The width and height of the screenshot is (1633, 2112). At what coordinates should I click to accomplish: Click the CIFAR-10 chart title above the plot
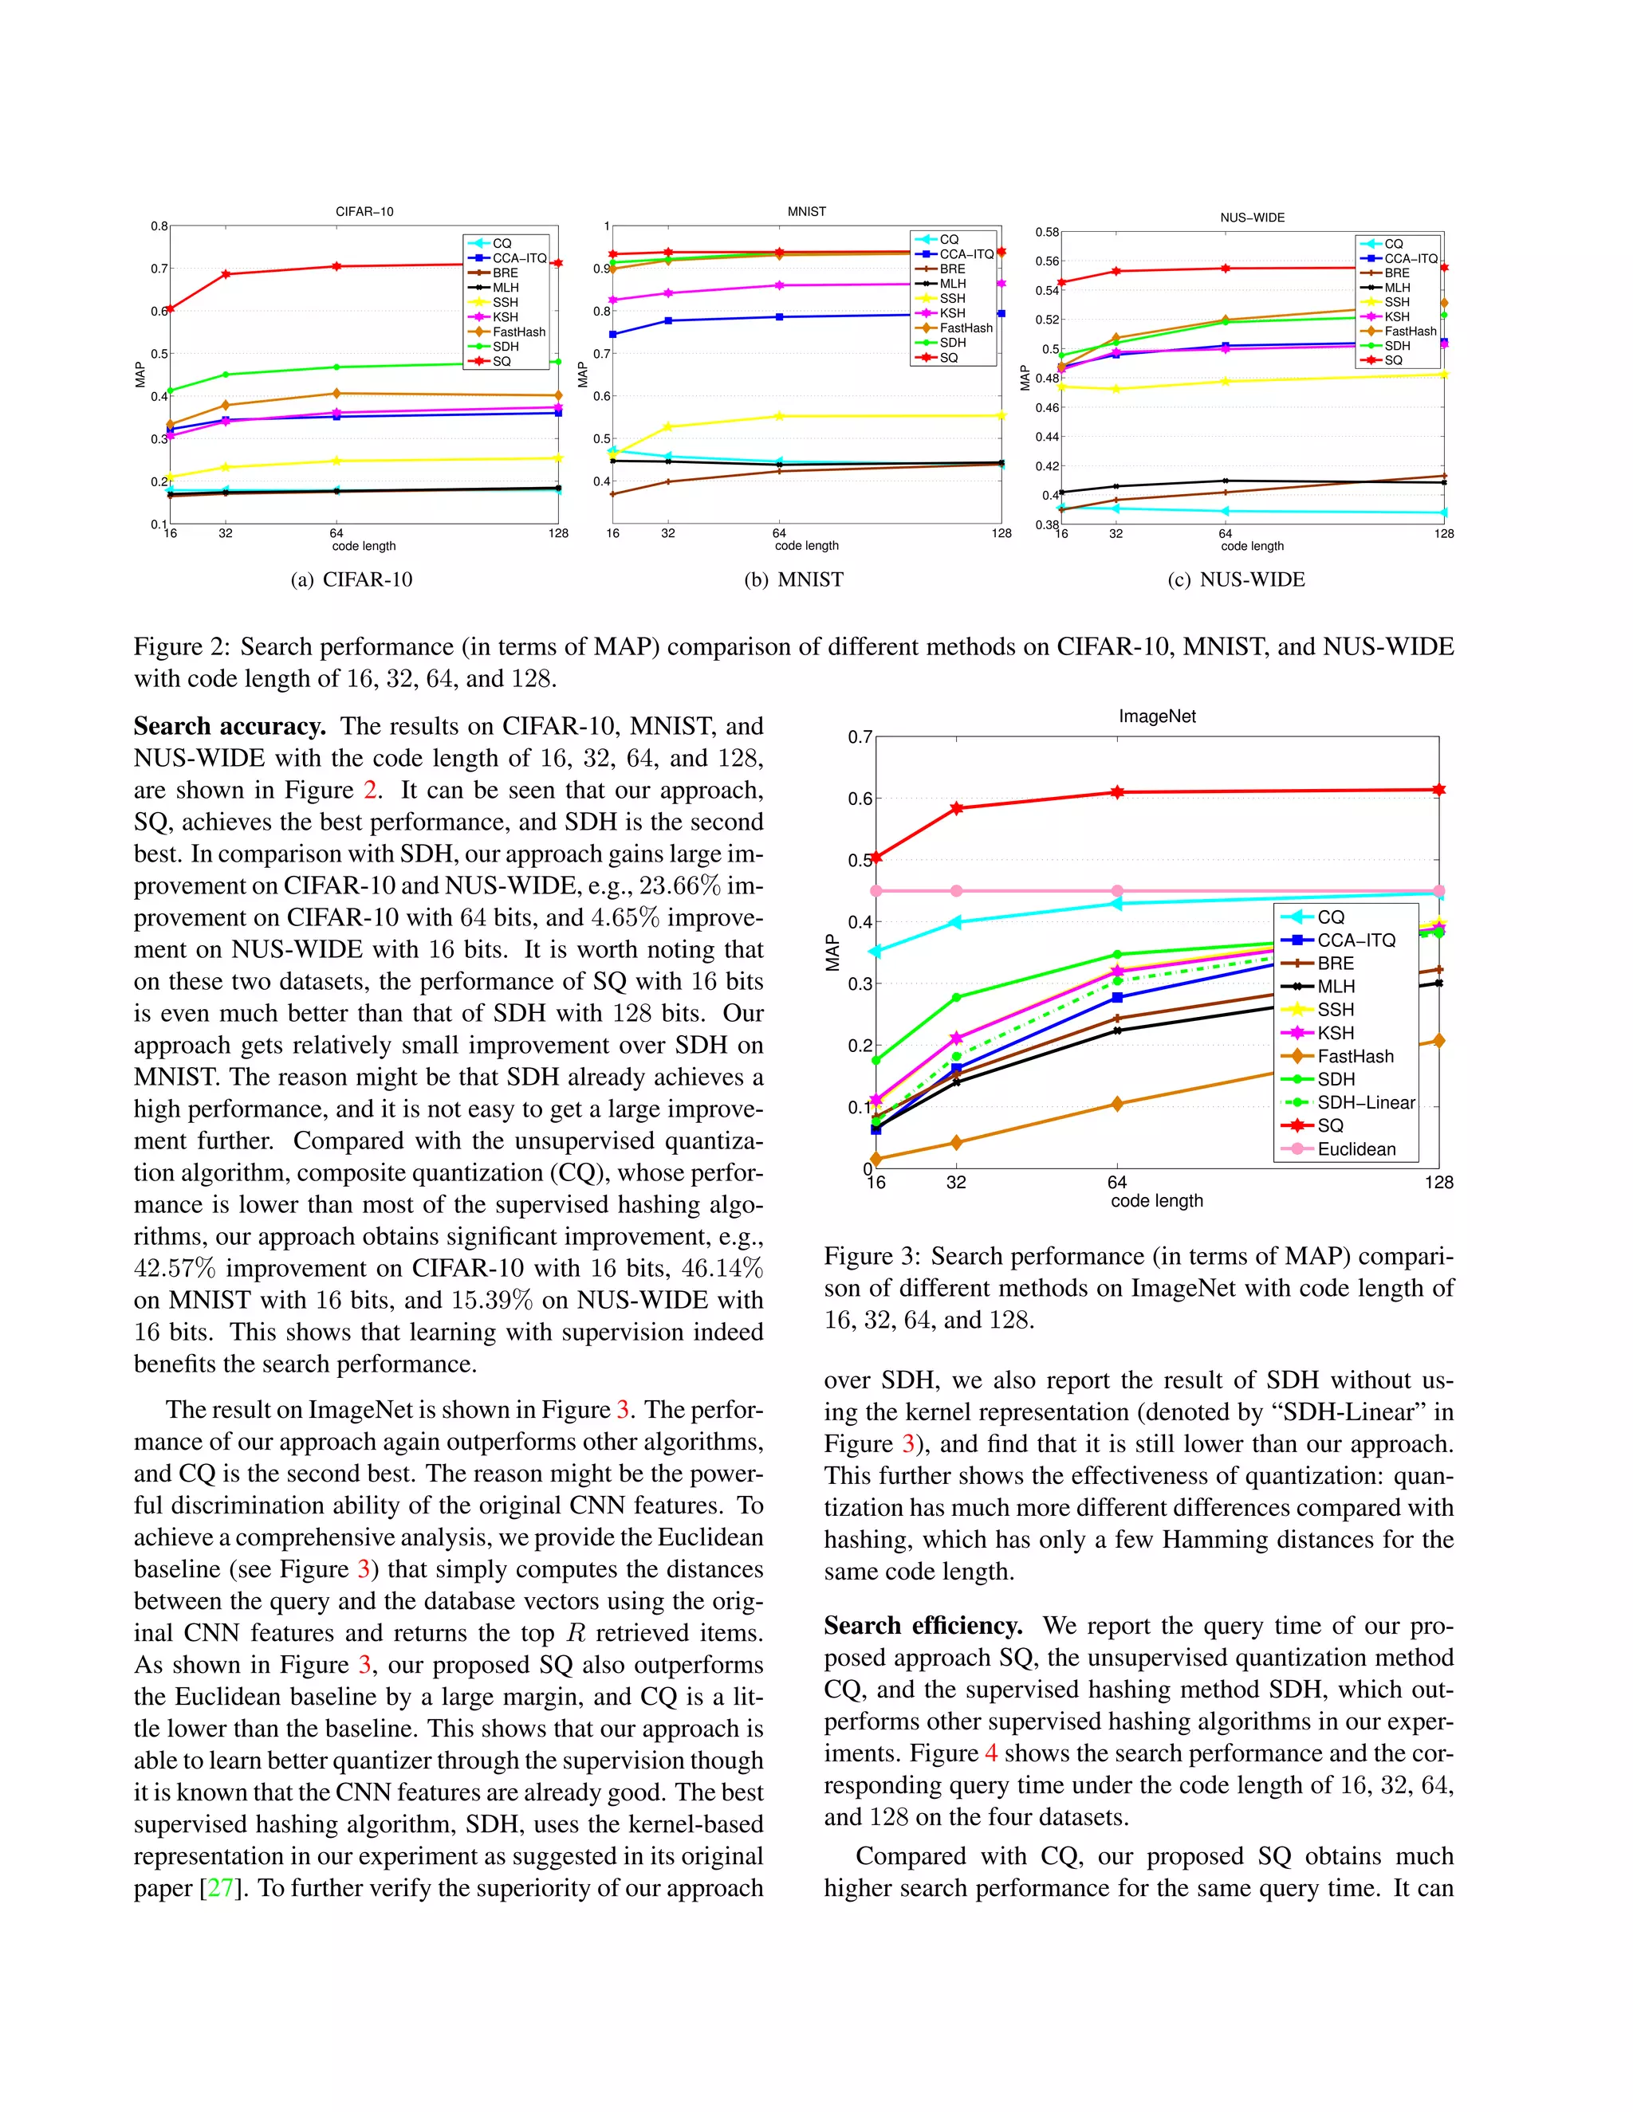364,212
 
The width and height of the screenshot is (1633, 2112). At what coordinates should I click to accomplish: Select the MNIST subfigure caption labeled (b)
793,579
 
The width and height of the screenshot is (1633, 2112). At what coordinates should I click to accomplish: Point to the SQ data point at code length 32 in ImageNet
957,807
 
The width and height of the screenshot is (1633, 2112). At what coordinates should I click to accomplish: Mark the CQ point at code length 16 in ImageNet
876,952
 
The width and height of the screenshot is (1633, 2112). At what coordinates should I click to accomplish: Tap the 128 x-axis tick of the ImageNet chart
1438,1183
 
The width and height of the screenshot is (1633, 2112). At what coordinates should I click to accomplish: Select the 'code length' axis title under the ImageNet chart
1156,1201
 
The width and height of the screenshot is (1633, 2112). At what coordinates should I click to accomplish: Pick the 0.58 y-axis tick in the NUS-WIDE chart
1047,232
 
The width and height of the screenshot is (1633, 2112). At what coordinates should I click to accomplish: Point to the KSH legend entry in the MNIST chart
952,313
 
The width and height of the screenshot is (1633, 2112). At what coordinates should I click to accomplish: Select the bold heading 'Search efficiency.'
923,1626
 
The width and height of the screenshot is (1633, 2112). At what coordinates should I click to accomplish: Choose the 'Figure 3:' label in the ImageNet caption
872,1256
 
